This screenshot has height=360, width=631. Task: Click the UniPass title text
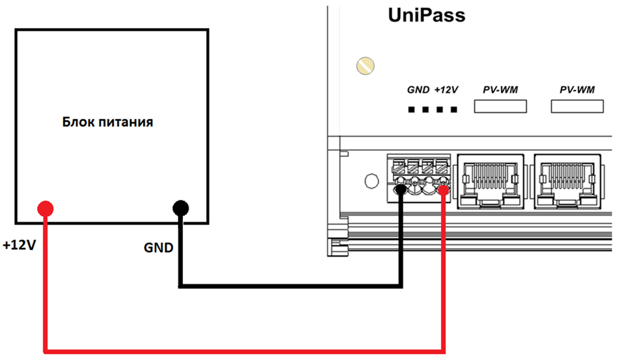427,16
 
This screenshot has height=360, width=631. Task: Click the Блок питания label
107,122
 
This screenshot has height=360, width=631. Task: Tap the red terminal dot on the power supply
45,208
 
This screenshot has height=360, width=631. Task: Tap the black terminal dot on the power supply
181,208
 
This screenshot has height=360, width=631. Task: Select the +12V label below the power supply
20,244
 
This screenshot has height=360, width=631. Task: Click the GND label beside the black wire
159,247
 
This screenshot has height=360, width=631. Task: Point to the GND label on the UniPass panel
418,90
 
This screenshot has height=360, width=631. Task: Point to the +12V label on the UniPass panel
446,90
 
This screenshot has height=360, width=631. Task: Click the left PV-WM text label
500,90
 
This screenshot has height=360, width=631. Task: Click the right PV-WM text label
577,90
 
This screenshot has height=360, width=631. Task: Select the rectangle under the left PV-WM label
500,106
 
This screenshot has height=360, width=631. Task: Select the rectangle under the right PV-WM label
577,106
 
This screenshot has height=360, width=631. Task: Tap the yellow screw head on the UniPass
366,66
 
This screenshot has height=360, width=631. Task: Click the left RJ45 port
490,181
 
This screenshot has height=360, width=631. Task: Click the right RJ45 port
567,181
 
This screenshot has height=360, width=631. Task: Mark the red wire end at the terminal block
444,189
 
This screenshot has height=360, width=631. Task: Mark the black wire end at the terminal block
401,189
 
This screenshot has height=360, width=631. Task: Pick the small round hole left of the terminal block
371,181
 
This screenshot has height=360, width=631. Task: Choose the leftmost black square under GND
411,109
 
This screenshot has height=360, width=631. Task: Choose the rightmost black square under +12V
454,109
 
